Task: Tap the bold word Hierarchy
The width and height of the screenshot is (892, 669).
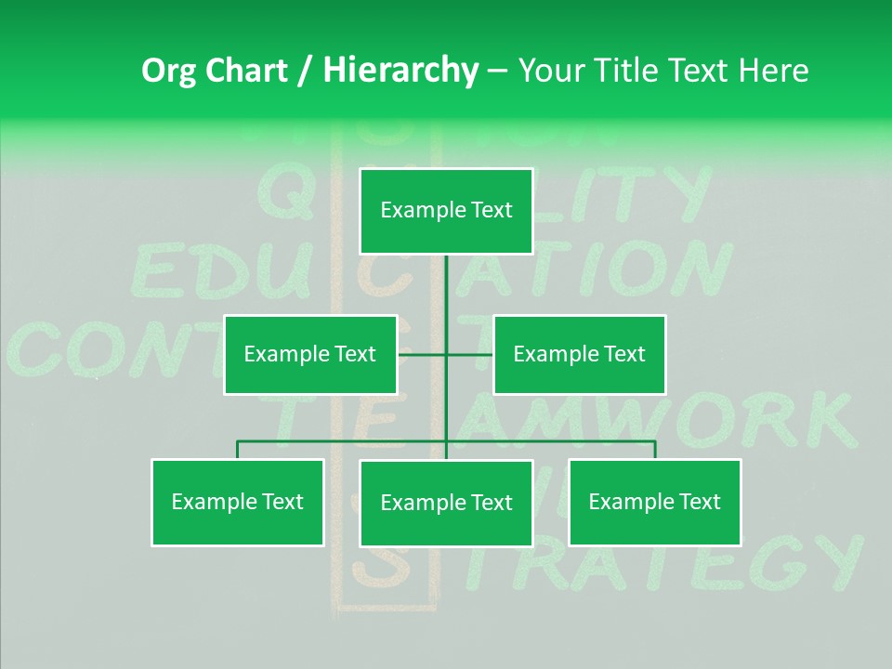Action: point(400,71)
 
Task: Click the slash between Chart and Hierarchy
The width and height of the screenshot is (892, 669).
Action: point(305,71)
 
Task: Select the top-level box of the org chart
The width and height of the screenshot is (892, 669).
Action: point(446,211)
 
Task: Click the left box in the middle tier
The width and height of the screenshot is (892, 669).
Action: point(310,355)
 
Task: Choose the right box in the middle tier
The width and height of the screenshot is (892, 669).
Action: point(579,355)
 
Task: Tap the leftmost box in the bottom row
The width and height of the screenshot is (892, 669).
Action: point(237,503)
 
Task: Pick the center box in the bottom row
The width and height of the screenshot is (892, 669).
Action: point(446,504)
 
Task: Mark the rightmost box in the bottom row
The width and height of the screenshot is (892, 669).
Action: point(654,503)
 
